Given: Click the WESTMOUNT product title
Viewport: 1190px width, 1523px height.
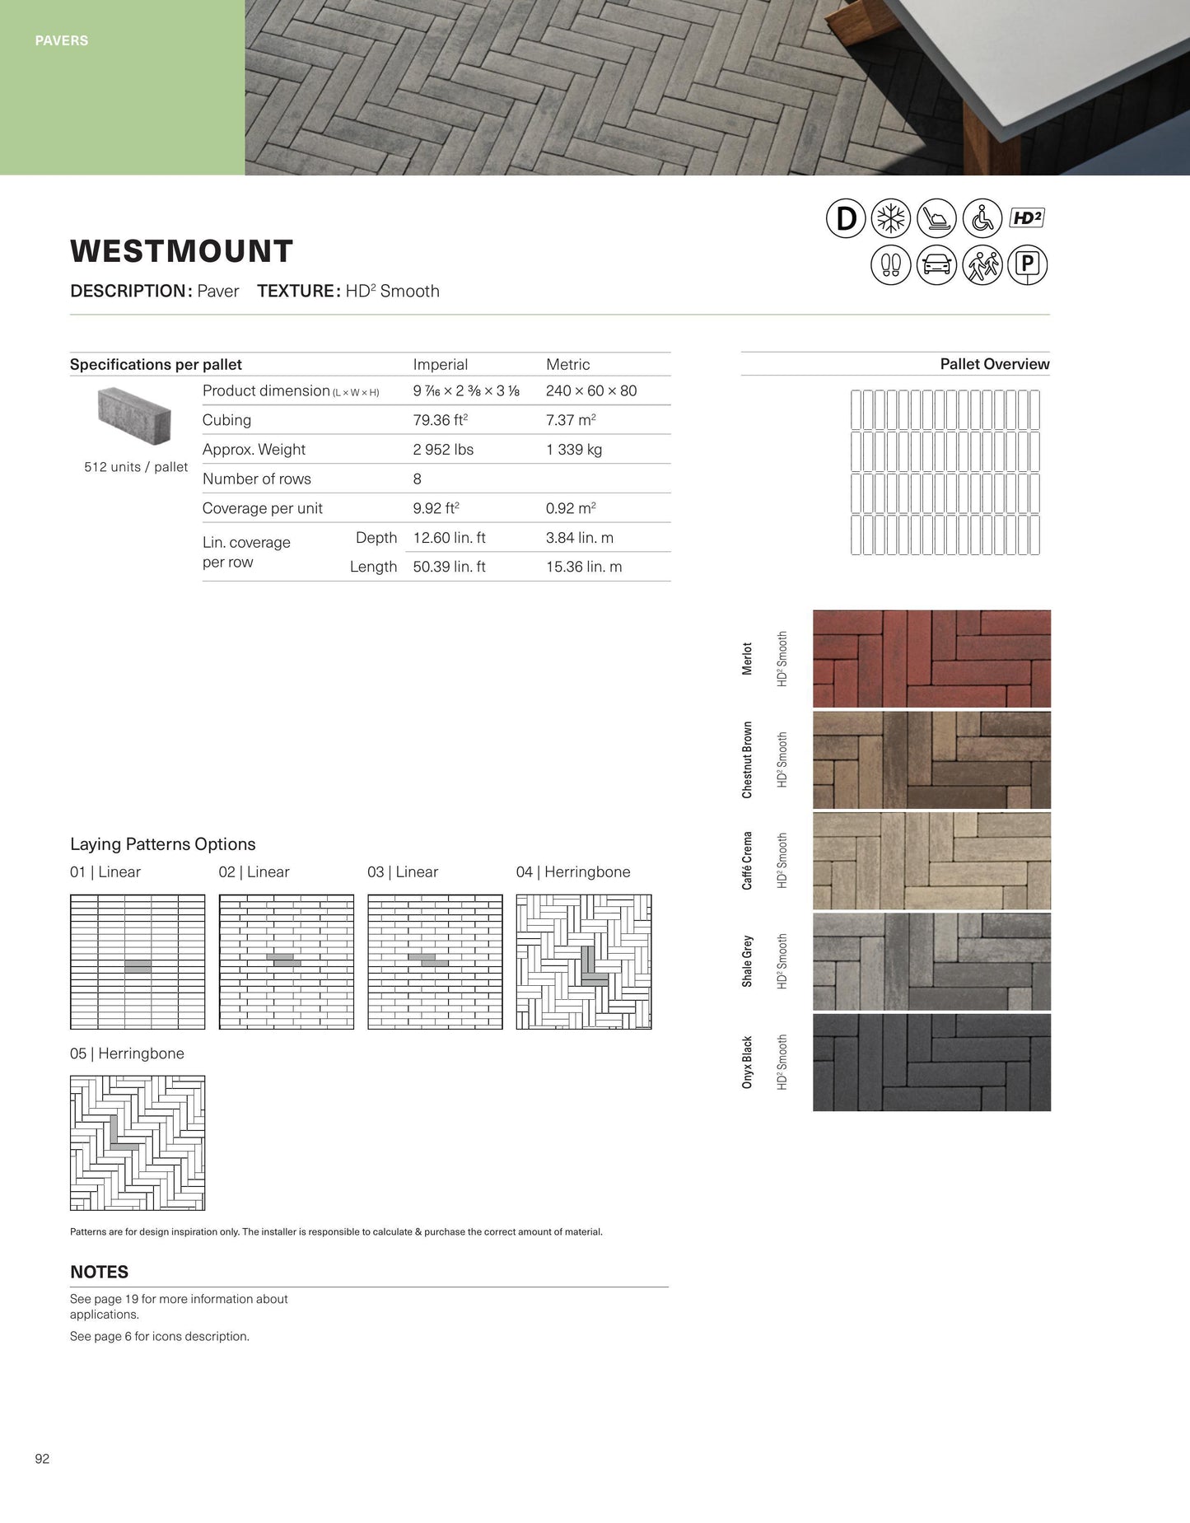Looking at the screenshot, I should pos(181,251).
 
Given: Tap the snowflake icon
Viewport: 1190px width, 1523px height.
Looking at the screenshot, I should pos(891,218).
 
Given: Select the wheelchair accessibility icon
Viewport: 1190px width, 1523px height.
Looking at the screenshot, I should pos(982,218).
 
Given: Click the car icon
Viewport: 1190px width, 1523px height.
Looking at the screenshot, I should pos(936,264).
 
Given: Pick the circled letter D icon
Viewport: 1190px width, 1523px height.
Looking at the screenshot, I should pos(846,218).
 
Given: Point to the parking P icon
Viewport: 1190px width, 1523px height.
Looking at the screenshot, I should pos(1027,264).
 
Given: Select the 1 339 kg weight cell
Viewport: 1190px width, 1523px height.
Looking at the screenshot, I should pos(574,450).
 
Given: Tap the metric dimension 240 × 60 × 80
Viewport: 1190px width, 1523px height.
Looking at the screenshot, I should pos(591,390).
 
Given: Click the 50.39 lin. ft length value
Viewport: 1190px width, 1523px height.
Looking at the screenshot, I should pos(449,567).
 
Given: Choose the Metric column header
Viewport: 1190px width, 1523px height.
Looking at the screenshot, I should pos(568,364).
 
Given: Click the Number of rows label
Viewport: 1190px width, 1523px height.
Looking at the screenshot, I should pos(257,479).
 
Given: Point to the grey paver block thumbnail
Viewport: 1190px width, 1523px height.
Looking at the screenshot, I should pos(134,415).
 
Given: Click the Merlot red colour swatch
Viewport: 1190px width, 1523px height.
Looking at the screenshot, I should pos(931,658).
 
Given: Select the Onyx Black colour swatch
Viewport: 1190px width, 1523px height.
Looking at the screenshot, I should pos(931,1062).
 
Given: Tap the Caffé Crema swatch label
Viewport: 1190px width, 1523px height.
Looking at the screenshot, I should pos(747,860).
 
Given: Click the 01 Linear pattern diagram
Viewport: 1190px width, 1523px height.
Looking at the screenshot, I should pos(138,961).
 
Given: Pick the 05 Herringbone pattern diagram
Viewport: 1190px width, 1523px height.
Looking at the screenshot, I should pos(138,1142).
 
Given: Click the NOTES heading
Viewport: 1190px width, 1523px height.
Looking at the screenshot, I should pos(99,1272).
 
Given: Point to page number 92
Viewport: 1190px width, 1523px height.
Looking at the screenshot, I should pos(42,1459).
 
